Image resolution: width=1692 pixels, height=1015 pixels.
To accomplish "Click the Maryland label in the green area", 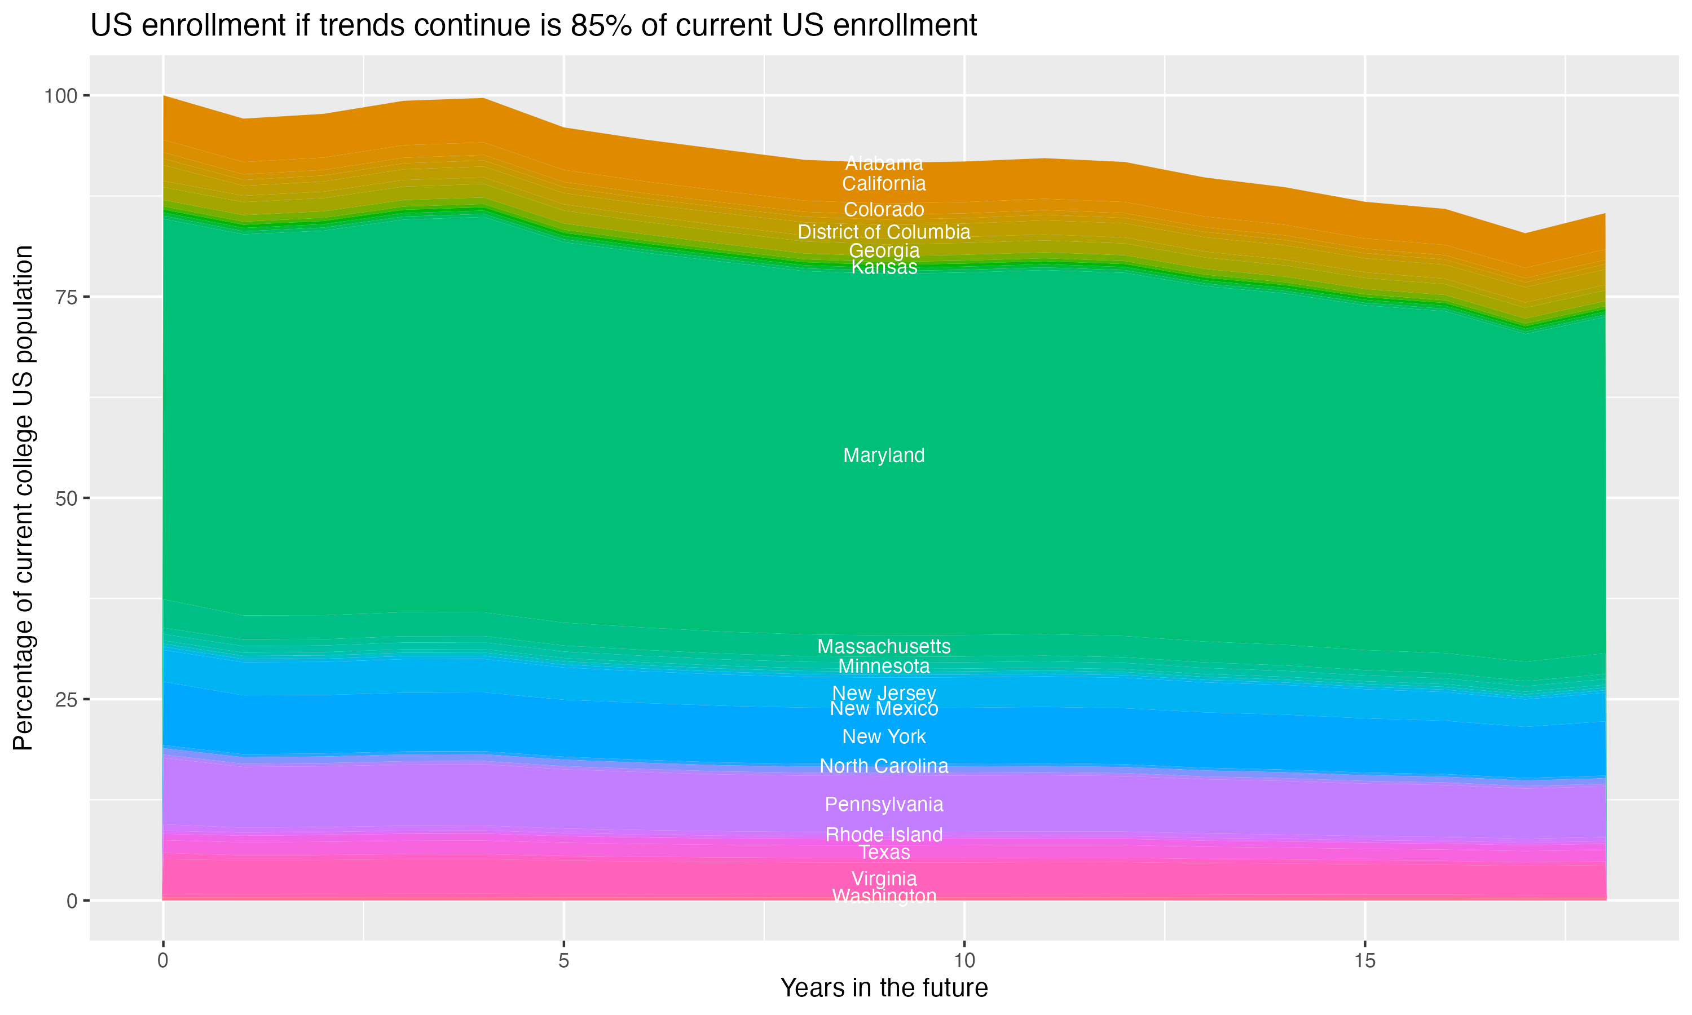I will [884, 456].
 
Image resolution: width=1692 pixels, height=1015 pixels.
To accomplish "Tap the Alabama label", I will [884, 164].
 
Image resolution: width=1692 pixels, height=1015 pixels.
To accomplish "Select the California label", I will [884, 184].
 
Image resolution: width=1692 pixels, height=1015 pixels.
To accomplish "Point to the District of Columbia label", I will [884, 232].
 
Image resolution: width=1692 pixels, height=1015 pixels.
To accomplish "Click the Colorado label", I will [884, 210].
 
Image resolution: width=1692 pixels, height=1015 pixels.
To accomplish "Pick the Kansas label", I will [884, 267].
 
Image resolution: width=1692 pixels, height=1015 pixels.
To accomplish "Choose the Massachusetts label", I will [884, 646].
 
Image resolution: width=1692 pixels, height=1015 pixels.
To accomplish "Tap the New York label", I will [884, 736].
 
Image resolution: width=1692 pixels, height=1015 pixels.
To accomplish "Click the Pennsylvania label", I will [884, 804].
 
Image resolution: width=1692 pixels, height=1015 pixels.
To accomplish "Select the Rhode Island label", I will [884, 835].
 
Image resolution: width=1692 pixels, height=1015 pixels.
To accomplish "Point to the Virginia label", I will [884, 879].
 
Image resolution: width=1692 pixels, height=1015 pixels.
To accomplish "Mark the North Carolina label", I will [884, 766].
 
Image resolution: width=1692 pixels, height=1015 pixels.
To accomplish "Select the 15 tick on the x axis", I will [1364, 961].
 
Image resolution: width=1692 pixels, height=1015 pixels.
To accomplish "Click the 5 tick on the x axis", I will [563, 961].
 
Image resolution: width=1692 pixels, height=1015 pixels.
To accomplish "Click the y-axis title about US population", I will [23, 498].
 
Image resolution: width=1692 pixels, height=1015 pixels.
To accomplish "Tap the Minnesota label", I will [884, 666].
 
